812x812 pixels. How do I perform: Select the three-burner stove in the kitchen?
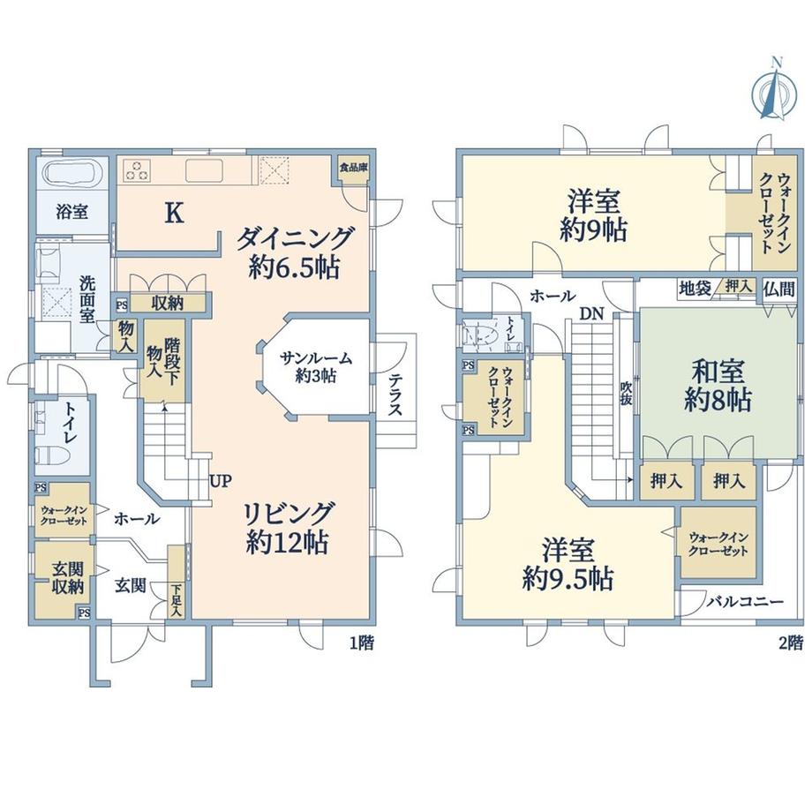click(138, 170)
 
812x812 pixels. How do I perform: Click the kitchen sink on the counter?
click(204, 170)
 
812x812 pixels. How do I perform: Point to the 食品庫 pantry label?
click(354, 168)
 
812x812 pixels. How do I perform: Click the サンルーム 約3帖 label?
click(316, 366)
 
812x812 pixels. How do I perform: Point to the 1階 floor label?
click(361, 643)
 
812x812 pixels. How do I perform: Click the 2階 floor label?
click(790, 643)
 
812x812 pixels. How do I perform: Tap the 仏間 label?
click(778, 289)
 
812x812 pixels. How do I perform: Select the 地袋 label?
click(695, 289)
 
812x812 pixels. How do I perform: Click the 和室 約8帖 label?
click(718, 386)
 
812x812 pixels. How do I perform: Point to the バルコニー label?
click(745, 602)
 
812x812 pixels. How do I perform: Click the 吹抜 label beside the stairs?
click(626, 394)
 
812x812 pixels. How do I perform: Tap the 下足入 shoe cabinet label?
click(177, 600)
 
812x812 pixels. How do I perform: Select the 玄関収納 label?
click(67, 578)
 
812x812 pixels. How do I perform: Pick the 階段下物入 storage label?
click(163, 361)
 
